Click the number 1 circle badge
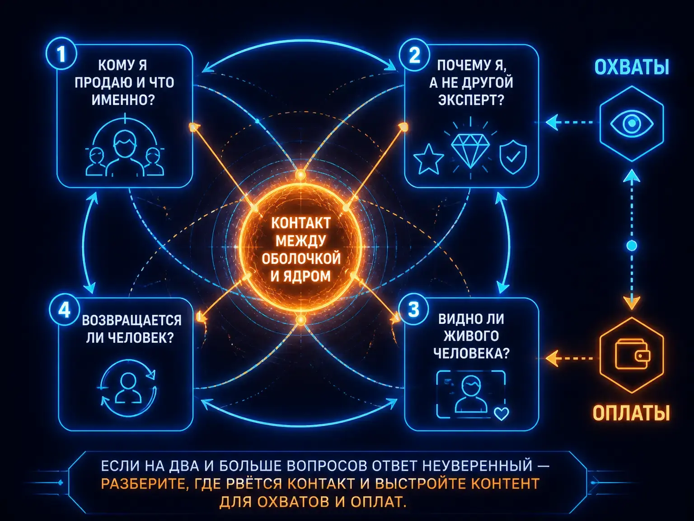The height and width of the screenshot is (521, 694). [61, 54]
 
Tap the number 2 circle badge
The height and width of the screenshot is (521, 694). [414, 55]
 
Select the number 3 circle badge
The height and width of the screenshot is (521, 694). [413, 310]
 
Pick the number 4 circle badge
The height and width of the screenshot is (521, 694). [64, 310]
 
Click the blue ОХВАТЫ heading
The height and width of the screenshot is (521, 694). [632, 67]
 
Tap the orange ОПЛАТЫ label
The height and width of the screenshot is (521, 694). [631, 413]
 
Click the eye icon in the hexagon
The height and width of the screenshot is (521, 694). [632, 123]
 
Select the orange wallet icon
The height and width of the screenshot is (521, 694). [632, 354]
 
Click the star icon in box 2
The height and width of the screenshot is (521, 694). [428, 159]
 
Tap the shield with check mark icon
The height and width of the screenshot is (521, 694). [513, 157]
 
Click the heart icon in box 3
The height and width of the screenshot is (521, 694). [501, 413]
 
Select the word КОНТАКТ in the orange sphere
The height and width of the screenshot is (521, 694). [300, 223]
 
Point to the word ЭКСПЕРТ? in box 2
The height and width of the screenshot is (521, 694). [471, 100]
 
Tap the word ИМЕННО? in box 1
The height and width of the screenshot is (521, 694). [123, 100]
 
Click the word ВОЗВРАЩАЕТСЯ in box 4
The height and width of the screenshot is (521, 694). [132, 321]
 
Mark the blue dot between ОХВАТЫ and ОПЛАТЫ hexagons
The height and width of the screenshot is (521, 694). [632, 246]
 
